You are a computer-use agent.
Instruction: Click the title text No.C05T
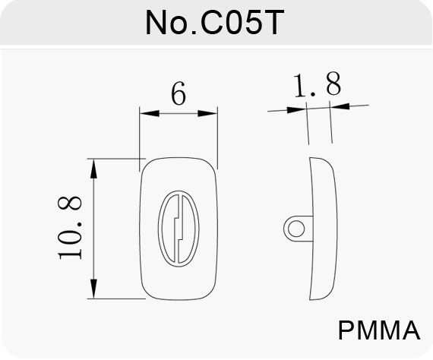[214, 23]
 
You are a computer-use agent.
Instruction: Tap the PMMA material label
[379, 330]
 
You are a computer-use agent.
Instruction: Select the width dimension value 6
[179, 93]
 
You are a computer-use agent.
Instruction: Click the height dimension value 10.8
[70, 228]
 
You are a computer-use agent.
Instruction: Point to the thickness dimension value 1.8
[318, 84]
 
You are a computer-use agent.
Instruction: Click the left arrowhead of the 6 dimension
[150, 113]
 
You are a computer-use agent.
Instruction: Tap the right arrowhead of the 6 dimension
[207, 113]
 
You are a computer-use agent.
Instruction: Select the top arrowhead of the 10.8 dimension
[94, 169]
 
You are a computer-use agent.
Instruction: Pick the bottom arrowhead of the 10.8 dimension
[94, 289]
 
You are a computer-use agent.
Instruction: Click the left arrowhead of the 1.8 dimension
[297, 110]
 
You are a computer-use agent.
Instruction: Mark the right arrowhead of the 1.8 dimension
[340, 106]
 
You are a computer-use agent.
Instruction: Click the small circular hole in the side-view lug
[296, 229]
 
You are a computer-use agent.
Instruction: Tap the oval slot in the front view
[159, 229]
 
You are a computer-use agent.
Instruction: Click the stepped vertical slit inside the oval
[179, 229]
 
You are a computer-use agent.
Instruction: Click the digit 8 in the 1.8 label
[333, 84]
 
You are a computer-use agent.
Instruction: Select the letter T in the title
[273, 23]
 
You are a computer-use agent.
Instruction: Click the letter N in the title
[156, 23]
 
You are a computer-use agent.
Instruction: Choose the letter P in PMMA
[346, 330]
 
